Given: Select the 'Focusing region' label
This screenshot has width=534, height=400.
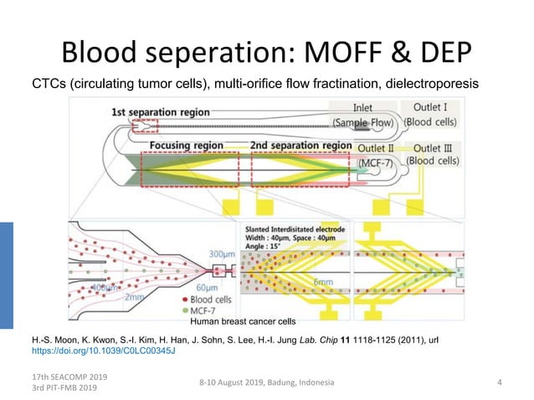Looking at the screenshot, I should pos(187,145).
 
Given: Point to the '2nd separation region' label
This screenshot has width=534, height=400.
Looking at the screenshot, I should pos(300,145).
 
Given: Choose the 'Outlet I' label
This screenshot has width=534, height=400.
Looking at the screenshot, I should pos(430,107).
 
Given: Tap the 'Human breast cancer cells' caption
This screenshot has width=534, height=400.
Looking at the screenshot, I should pos(243,321).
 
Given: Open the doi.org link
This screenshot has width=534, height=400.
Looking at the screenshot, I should pos(103,351).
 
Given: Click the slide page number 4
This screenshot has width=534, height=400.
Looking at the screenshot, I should pos(499,382).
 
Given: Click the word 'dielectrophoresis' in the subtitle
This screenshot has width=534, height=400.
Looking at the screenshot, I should pos(424,84).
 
